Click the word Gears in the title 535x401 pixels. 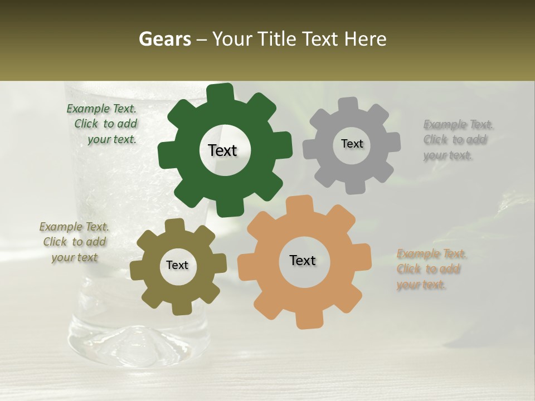tap(164, 39)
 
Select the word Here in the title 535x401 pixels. tap(366, 39)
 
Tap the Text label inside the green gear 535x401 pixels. tap(222, 150)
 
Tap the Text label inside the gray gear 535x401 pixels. tap(352, 144)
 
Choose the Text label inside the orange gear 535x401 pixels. tap(303, 260)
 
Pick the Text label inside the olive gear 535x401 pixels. tap(177, 265)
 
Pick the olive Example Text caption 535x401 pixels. tap(74, 242)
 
